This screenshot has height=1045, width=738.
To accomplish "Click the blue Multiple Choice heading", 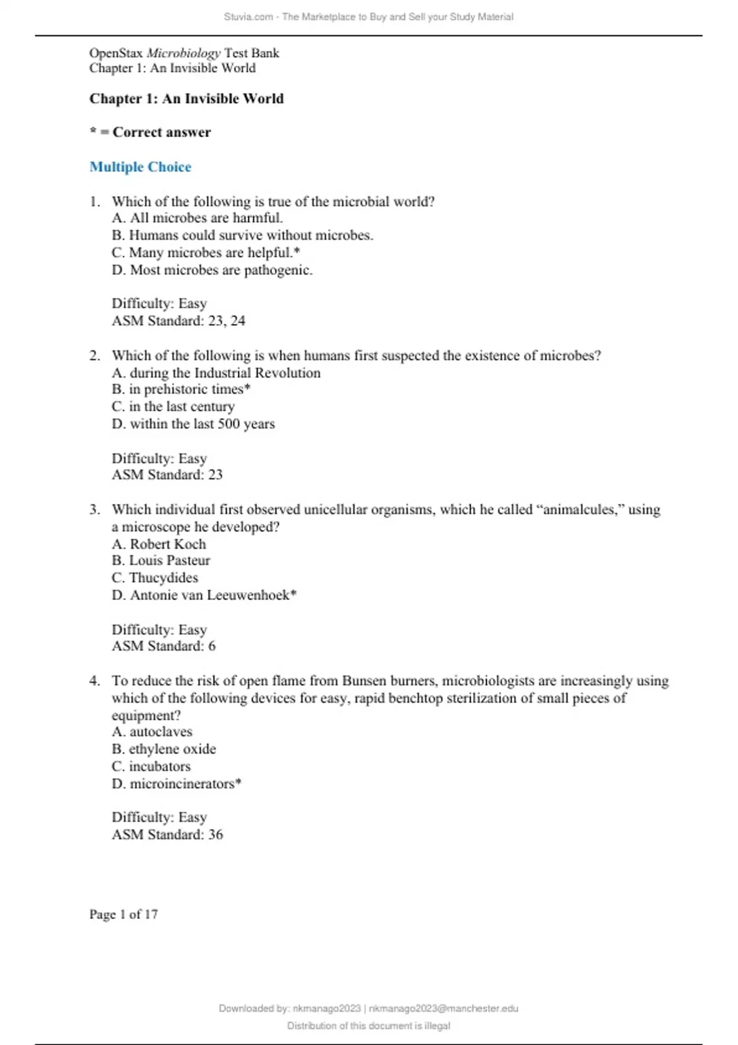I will [140, 167].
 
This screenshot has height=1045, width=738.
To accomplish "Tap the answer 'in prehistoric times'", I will [181, 389].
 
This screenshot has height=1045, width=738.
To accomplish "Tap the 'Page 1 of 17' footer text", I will [124, 914].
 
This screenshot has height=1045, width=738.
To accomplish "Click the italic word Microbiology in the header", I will [183, 53].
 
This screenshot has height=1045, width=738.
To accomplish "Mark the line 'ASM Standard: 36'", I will [167, 835].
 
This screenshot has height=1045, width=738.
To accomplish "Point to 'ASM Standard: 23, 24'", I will [178, 321].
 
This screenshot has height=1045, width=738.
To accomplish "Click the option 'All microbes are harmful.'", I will [197, 218].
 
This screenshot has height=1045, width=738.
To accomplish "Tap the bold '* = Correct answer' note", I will [150, 132].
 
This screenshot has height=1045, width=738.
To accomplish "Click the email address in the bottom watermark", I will [443, 1009].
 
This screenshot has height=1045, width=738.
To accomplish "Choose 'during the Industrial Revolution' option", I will [216, 373].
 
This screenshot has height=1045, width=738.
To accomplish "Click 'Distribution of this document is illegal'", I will [368, 1026].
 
